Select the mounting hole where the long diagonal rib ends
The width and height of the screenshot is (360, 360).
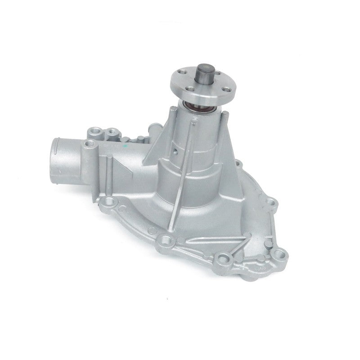[166, 238]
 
